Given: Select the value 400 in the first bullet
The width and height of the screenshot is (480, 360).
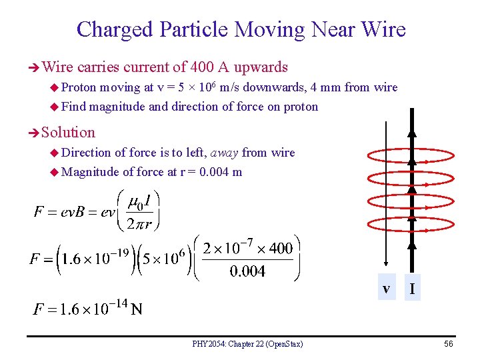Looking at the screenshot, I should [x=201, y=67].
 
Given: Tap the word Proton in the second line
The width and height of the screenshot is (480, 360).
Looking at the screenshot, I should [x=79, y=87].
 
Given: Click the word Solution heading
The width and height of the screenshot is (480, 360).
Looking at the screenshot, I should [x=68, y=132].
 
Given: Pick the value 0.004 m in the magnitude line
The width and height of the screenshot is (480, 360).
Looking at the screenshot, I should [x=221, y=172].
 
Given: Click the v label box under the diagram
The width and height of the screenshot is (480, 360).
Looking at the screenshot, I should [x=386, y=288].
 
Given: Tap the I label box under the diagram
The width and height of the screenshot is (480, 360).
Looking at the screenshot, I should [x=413, y=289].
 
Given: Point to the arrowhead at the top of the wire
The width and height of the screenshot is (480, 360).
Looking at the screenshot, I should [x=411, y=132].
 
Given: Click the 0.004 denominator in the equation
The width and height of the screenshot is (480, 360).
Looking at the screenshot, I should [x=247, y=271].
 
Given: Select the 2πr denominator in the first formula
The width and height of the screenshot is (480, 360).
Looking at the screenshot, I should [x=143, y=223].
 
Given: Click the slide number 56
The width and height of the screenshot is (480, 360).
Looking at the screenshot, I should [x=449, y=343].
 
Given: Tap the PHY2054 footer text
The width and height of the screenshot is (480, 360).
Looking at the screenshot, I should [x=247, y=344].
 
